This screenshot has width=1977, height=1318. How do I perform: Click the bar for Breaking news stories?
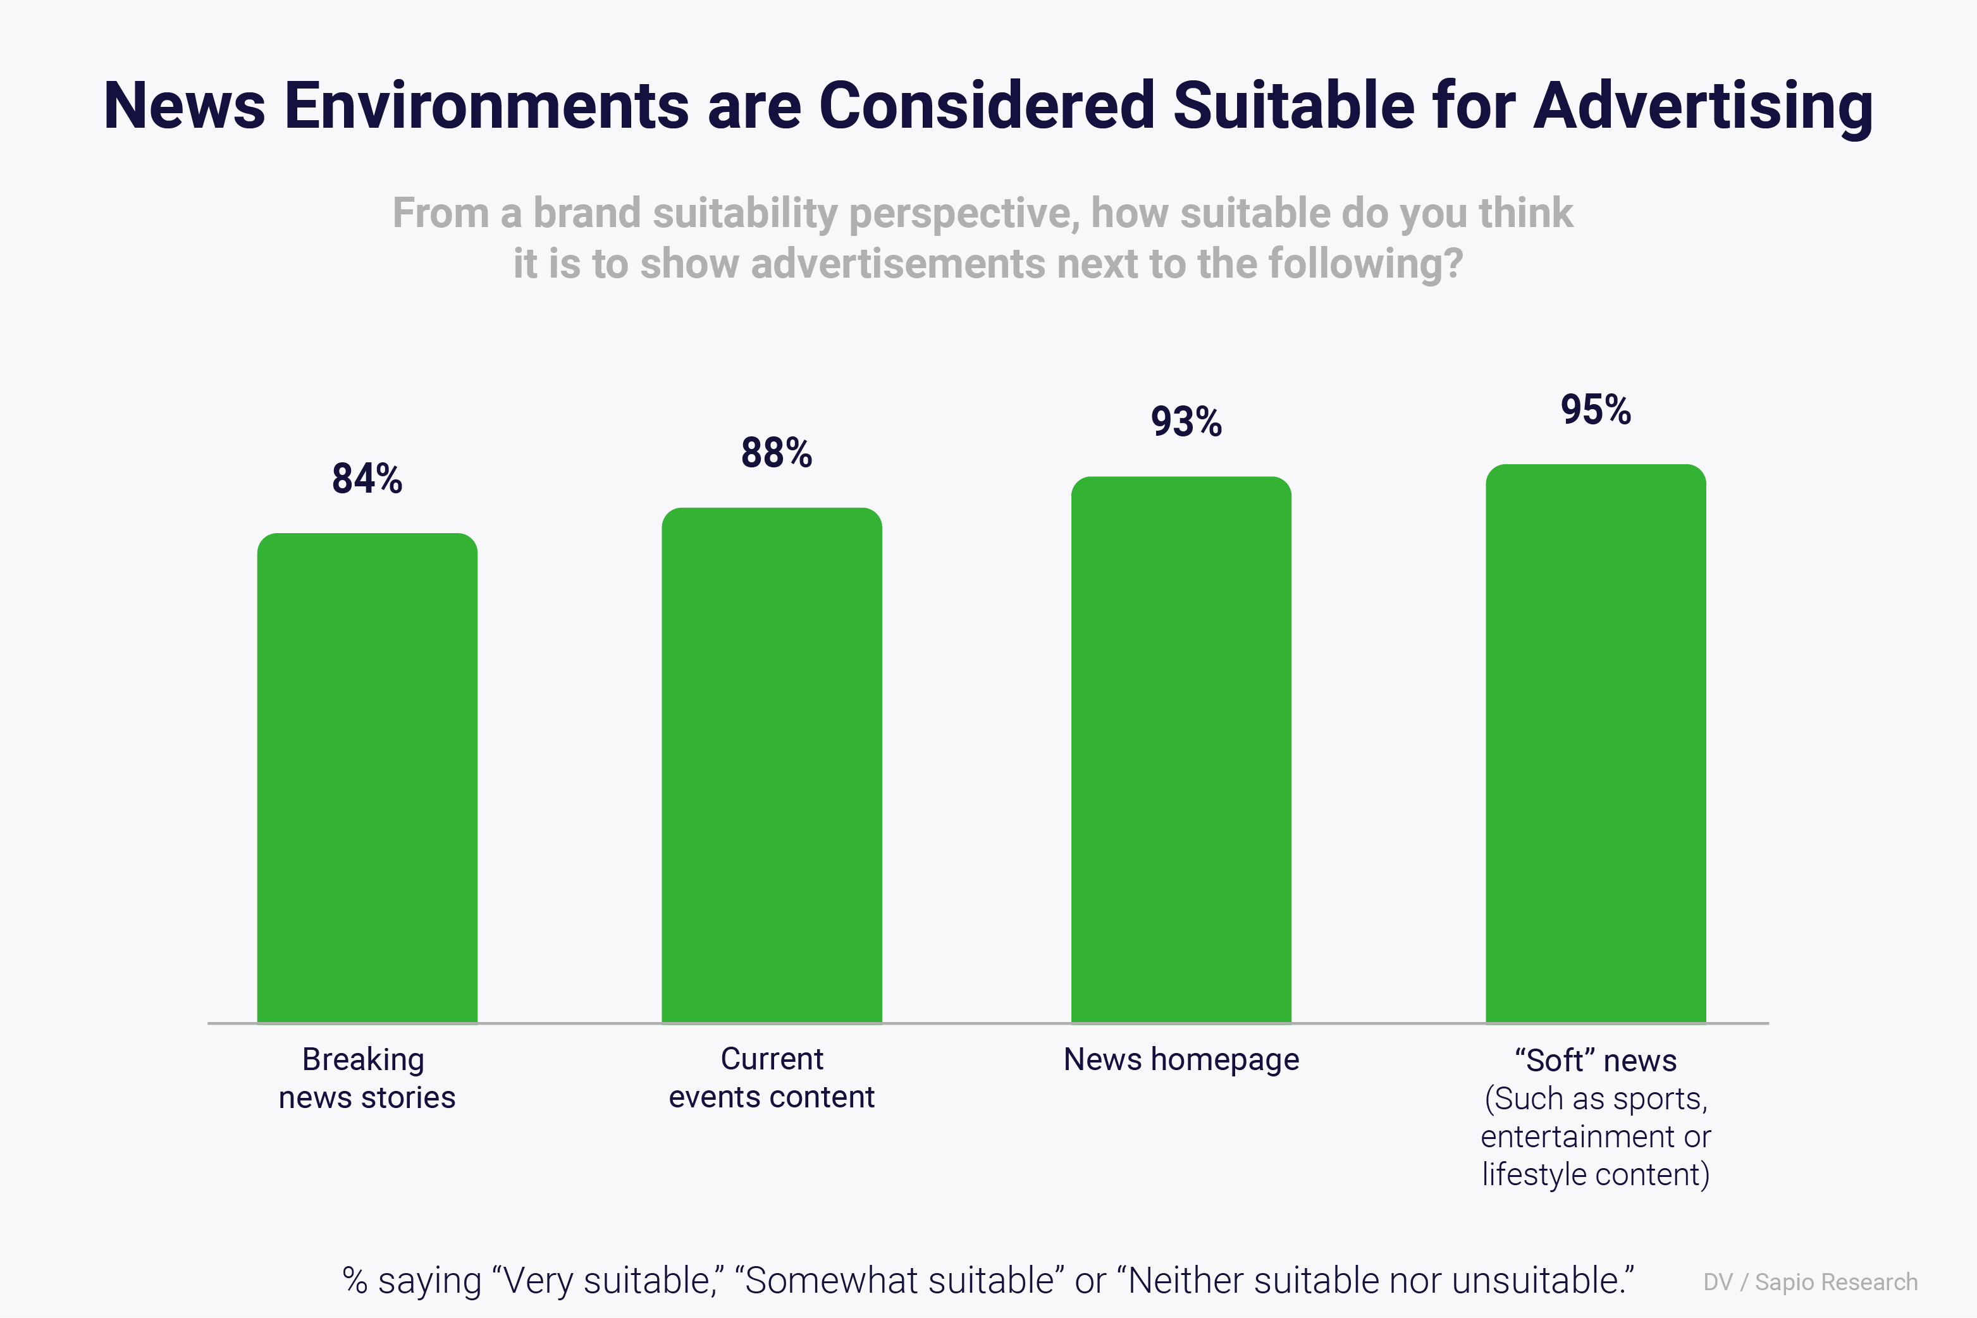tap(367, 777)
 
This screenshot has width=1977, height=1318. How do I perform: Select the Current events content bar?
tap(772, 765)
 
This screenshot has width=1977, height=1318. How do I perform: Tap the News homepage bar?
tap(1181, 750)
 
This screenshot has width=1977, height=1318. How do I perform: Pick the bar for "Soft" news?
tap(1596, 743)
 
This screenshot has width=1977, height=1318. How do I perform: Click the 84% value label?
tap(367, 478)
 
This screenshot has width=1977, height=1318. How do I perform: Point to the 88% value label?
tap(777, 453)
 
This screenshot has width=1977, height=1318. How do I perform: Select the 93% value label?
tap(1186, 422)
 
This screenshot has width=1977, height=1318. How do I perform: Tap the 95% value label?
tap(1596, 410)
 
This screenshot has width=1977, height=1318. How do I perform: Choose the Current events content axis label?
tap(772, 1078)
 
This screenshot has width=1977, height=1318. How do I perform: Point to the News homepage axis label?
tap(1181, 1060)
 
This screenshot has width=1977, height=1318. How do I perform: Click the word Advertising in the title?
tap(1703, 107)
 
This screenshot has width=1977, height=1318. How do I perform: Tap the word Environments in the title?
tap(487, 107)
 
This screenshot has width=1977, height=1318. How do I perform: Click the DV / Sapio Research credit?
tap(1811, 1283)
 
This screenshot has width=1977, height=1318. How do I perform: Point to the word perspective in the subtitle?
tap(963, 214)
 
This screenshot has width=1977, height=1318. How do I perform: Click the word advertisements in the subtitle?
tap(897, 264)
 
